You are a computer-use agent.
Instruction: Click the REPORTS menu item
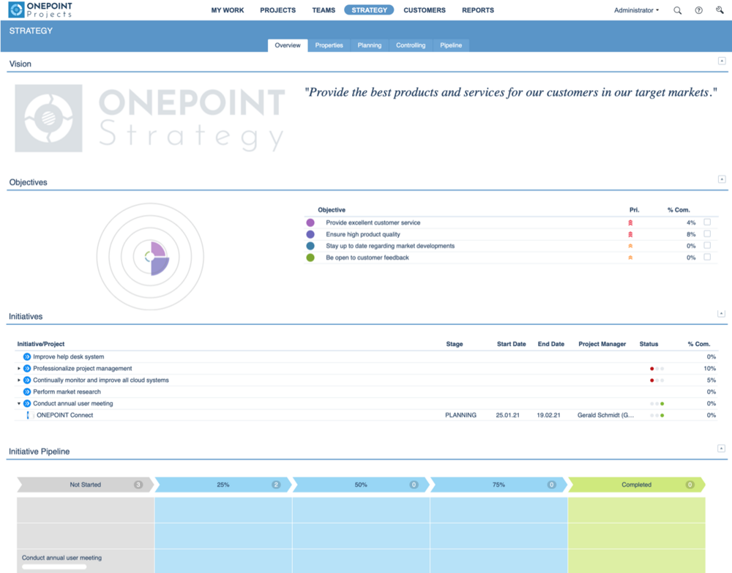pyautogui.click(x=477, y=10)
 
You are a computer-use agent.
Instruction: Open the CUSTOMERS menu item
pyautogui.click(x=424, y=10)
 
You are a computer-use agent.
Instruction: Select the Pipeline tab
pyautogui.click(x=451, y=45)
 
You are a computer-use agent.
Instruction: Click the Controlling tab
pyautogui.click(x=411, y=45)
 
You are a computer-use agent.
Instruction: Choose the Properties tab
pyautogui.click(x=329, y=45)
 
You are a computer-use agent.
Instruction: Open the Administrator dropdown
pyautogui.click(x=636, y=10)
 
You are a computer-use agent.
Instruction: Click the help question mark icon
pyautogui.click(x=698, y=10)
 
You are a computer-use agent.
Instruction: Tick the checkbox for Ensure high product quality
pyautogui.click(x=707, y=234)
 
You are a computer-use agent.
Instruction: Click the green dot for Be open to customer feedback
pyautogui.click(x=310, y=258)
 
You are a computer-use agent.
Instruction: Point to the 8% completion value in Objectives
pyautogui.click(x=690, y=234)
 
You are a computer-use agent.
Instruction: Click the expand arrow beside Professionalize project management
pyautogui.click(x=19, y=369)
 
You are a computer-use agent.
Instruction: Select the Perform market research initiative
pyautogui.click(x=67, y=392)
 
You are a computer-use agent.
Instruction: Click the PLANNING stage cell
pyautogui.click(x=460, y=415)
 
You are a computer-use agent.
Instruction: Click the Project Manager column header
pyautogui.click(x=602, y=344)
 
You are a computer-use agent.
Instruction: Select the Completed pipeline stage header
pyautogui.click(x=635, y=484)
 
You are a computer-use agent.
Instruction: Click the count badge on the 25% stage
pyautogui.click(x=276, y=484)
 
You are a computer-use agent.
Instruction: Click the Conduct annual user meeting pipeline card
pyautogui.click(x=62, y=558)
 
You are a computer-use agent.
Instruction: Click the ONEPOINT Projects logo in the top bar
pyautogui.click(x=40, y=10)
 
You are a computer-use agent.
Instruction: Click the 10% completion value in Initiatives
pyautogui.click(x=709, y=369)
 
